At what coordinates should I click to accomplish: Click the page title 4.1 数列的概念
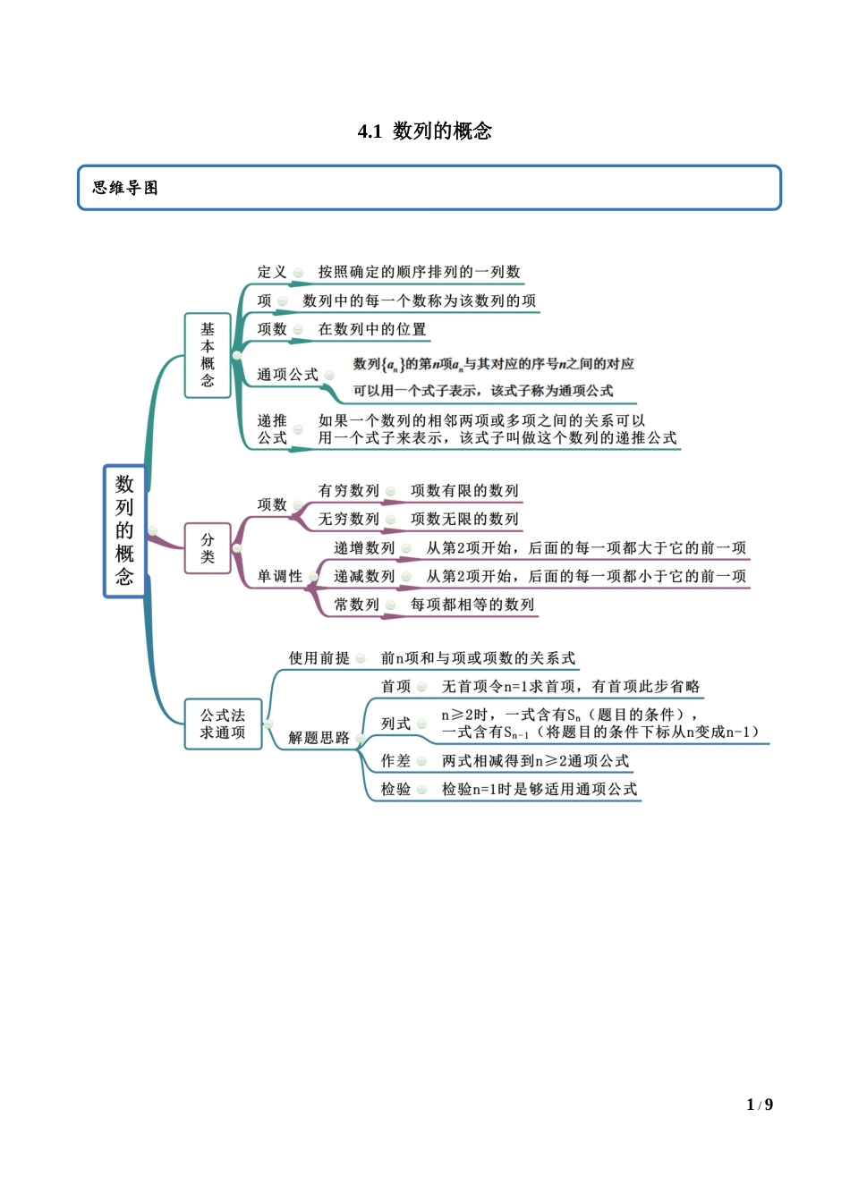(x=425, y=131)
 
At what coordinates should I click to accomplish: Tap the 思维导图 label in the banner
(x=125, y=188)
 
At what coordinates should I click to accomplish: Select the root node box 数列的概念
(x=124, y=530)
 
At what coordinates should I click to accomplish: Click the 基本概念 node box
(x=208, y=355)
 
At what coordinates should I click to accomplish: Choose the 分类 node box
(x=208, y=548)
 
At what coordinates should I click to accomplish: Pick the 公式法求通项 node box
(x=223, y=724)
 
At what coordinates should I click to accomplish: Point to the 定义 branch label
(x=272, y=272)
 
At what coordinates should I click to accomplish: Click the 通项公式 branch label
(x=287, y=375)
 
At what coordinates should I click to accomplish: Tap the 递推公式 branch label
(x=272, y=429)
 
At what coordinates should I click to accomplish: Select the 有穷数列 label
(x=348, y=491)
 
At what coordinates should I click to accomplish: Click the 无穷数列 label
(x=348, y=520)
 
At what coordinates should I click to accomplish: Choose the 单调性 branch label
(x=280, y=577)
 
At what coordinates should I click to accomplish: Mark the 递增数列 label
(x=364, y=548)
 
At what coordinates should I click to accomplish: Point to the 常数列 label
(x=356, y=605)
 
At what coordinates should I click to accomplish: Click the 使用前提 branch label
(x=319, y=658)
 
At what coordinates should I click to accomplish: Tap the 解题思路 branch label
(x=319, y=738)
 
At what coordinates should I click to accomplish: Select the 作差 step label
(x=395, y=761)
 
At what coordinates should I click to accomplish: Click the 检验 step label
(x=395, y=790)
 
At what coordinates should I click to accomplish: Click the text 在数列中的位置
(x=372, y=329)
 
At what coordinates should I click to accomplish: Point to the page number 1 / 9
(x=760, y=1105)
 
